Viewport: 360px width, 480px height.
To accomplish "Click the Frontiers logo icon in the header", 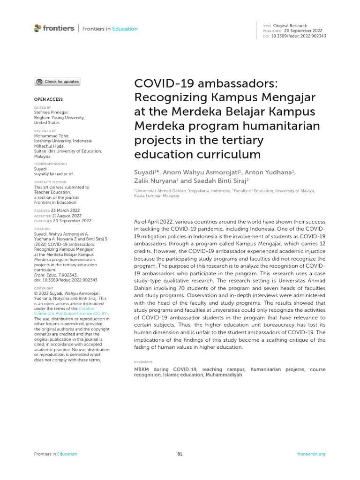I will pos(37,29).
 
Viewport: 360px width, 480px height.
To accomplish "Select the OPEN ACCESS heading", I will pos(48,99).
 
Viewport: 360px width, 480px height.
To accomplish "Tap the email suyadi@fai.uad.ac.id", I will pos(53,174).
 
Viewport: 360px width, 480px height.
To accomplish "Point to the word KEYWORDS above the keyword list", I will pos(143,362).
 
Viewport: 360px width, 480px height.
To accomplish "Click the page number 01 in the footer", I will pos(180,454).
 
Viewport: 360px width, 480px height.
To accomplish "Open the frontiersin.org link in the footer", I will pos(311,454).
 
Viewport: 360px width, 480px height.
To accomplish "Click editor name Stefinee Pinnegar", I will pos(51,112).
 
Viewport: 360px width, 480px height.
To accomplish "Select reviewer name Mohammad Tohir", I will pos(52,136).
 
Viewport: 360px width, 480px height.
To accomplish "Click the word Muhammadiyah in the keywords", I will pos(223,375).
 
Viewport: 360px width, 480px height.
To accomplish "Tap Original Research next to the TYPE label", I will pos(290,26).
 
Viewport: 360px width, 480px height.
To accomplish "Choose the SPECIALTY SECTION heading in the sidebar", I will pos(51,182).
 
